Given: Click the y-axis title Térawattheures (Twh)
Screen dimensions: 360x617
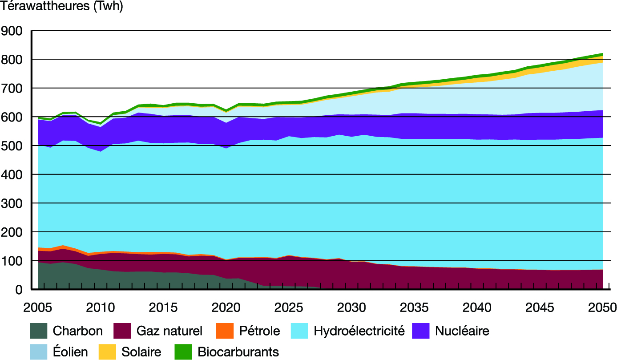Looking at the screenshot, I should [62, 7].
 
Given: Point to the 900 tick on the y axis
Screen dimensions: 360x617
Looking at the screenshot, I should [13, 31].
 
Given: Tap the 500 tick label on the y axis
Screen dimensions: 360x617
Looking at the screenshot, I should [13, 146].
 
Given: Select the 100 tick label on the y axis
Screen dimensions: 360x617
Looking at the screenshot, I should [13, 261].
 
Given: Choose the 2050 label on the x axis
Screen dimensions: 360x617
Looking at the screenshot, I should [602, 307].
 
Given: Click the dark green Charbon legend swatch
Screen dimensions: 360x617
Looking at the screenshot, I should [38, 331].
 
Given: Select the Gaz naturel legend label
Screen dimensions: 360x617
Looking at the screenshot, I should [169, 331].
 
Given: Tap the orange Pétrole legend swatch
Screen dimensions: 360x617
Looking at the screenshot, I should [225, 331].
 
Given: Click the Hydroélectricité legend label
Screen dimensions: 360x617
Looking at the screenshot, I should [359, 331].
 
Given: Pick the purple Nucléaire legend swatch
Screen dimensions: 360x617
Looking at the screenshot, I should [421, 331].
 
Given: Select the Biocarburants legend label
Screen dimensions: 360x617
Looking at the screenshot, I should [238, 352].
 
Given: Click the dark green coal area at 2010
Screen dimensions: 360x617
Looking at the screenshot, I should [101, 280].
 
